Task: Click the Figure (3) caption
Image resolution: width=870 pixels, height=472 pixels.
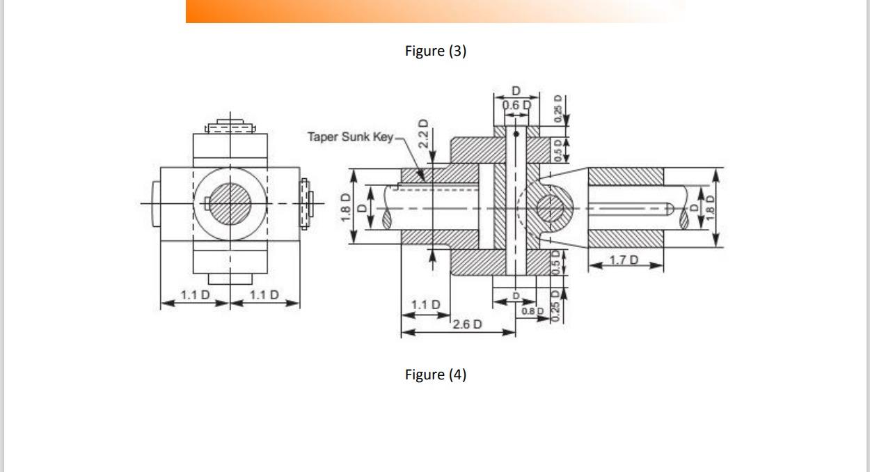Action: tap(436, 51)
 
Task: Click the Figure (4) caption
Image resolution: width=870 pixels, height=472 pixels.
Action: tap(436, 375)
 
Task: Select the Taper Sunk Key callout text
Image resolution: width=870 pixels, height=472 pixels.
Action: tap(350, 136)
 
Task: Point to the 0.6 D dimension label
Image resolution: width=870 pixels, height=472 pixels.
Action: tap(516, 105)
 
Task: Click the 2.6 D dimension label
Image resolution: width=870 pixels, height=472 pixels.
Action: tap(466, 324)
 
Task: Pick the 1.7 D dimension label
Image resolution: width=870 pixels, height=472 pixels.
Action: tap(624, 260)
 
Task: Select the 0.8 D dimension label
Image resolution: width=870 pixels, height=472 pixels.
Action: tap(532, 310)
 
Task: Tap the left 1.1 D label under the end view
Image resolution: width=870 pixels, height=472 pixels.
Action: tap(195, 294)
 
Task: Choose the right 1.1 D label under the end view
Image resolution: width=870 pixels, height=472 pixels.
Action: tap(264, 294)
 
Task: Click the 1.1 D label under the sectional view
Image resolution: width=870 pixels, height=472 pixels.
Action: tap(425, 304)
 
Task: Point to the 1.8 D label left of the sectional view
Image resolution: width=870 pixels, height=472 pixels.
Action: tap(345, 207)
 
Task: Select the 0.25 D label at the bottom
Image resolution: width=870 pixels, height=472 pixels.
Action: tap(555, 308)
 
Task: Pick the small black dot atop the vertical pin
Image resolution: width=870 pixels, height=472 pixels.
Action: tap(516, 133)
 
